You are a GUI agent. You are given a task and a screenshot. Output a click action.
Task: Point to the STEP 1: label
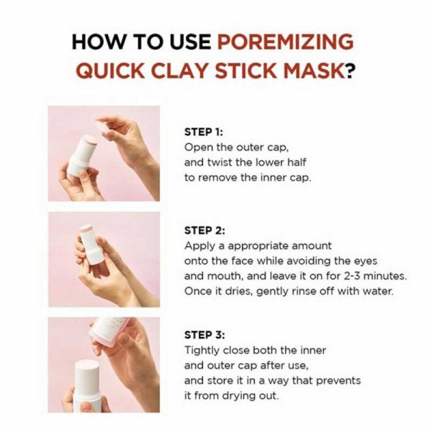(204, 132)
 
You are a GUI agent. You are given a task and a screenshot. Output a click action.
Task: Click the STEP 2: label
(205, 230)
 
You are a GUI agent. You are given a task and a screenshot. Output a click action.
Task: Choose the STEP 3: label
(205, 335)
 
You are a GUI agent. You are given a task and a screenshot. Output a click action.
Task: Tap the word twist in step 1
(219, 162)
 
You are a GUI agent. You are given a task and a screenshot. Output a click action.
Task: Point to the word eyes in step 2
(359, 260)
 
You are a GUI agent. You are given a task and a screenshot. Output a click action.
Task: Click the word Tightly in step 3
(202, 350)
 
